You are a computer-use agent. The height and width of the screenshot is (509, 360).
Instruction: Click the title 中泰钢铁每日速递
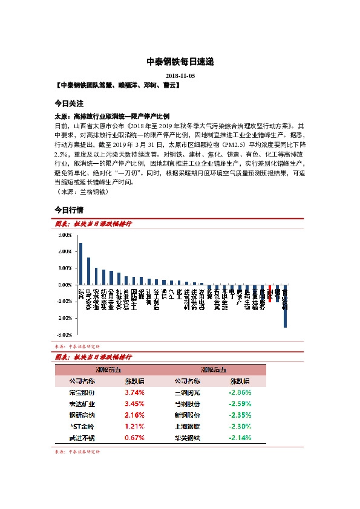pos(180,62)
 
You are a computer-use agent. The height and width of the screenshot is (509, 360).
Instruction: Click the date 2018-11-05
pos(180,76)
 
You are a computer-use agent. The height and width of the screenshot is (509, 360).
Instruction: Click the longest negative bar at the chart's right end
pos(285,306)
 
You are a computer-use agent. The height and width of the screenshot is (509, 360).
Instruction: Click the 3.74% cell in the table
pos(134,392)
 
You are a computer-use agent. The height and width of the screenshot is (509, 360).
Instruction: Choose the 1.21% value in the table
pos(134,426)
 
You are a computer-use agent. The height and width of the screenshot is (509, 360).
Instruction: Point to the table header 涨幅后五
pos(213,369)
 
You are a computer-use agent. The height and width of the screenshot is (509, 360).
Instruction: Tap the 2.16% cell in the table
pos(134,415)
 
